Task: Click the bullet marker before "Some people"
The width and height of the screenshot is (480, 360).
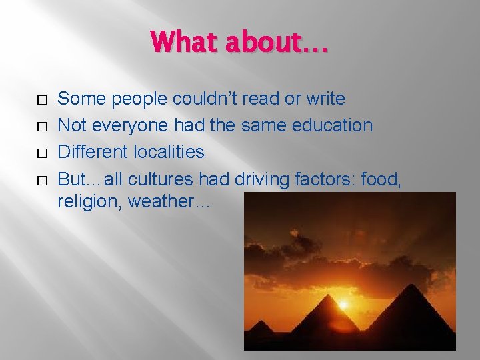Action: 42,100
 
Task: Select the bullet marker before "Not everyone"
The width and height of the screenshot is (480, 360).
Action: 42,127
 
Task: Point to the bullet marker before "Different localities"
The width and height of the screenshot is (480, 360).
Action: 42,153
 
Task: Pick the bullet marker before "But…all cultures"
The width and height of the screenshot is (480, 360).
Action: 42,180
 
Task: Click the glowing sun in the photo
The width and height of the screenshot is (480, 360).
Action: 344,305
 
